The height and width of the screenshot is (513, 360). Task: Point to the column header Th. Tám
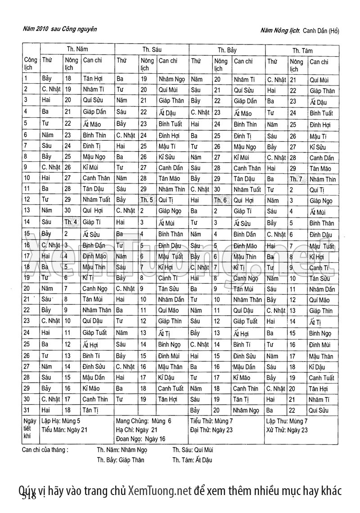click(x=302, y=50)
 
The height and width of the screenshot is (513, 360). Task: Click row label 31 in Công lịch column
click(x=27, y=409)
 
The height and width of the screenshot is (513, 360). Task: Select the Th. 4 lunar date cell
click(x=71, y=221)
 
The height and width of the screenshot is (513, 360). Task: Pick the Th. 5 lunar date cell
click(x=147, y=200)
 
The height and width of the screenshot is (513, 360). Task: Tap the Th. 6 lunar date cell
click(x=220, y=200)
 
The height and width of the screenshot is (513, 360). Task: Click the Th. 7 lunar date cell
click(x=296, y=178)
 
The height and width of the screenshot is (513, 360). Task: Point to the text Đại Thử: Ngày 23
click(x=211, y=430)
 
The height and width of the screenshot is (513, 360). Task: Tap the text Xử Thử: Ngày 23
click(x=287, y=430)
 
